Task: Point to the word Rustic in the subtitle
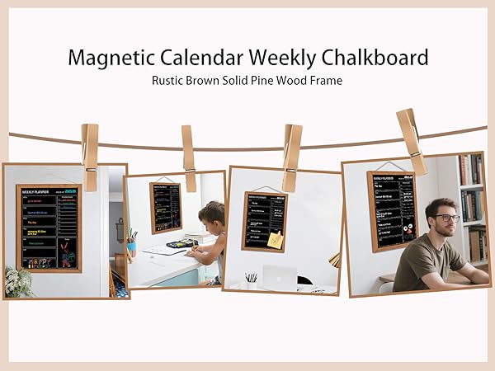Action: tap(171, 81)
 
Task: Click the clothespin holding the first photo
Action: tap(89, 145)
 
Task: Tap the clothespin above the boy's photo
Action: tap(188, 147)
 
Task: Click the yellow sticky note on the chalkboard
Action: tap(274, 239)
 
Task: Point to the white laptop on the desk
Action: tap(278, 278)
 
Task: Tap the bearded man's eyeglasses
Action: tap(446, 217)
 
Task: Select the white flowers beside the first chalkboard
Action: tap(17, 281)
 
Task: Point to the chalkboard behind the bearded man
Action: tap(391, 209)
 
